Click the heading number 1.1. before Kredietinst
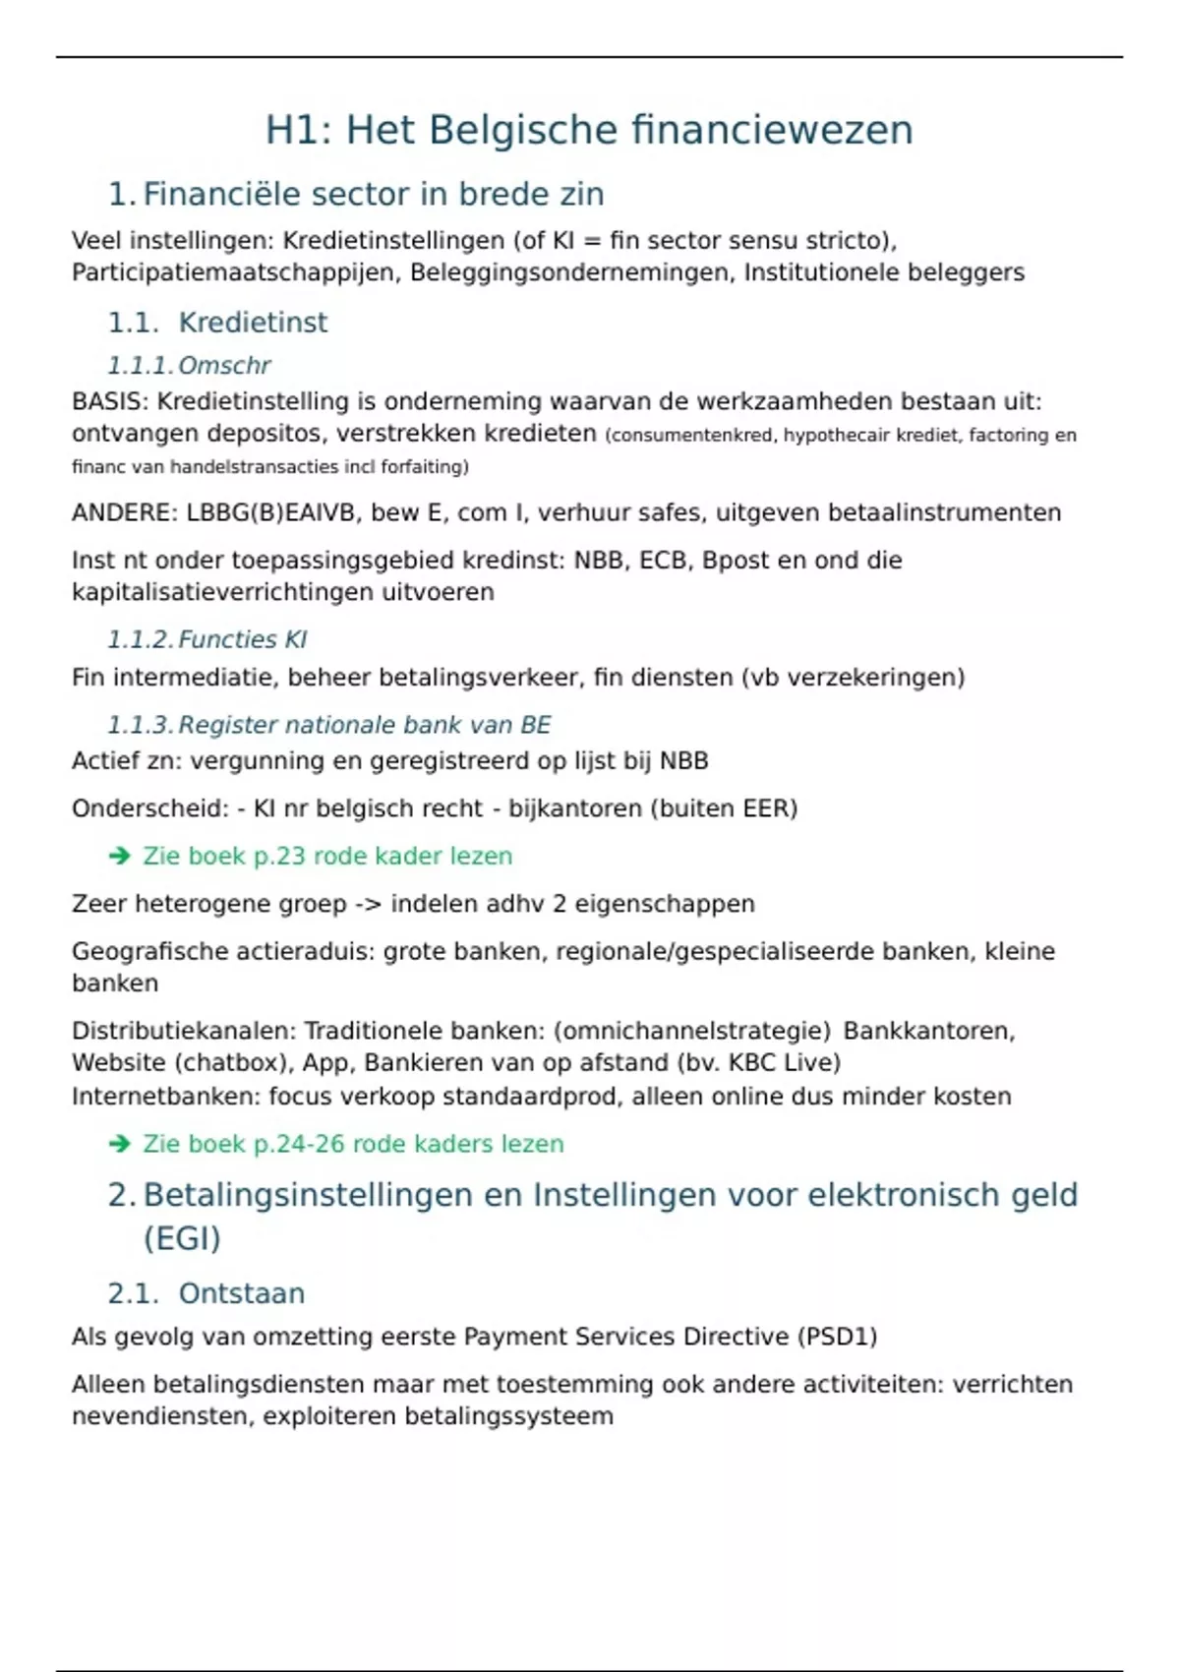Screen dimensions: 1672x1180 pyautogui.click(x=133, y=323)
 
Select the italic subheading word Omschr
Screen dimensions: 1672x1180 pyautogui.click(x=224, y=366)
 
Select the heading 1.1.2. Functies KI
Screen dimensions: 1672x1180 pyautogui.click(x=207, y=640)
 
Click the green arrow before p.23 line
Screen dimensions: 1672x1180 pyautogui.click(x=120, y=857)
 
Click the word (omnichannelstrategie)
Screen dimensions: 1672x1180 pyautogui.click(x=692, y=1031)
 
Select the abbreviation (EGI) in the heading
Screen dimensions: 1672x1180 pyautogui.click(x=182, y=1238)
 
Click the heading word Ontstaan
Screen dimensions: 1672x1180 pyautogui.click(x=242, y=1293)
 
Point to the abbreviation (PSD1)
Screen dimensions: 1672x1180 pyautogui.click(x=839, y=1337)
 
